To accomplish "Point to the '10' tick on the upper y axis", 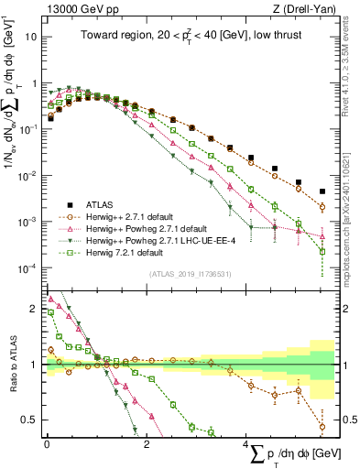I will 32,38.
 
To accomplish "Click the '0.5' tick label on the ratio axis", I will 31,420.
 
